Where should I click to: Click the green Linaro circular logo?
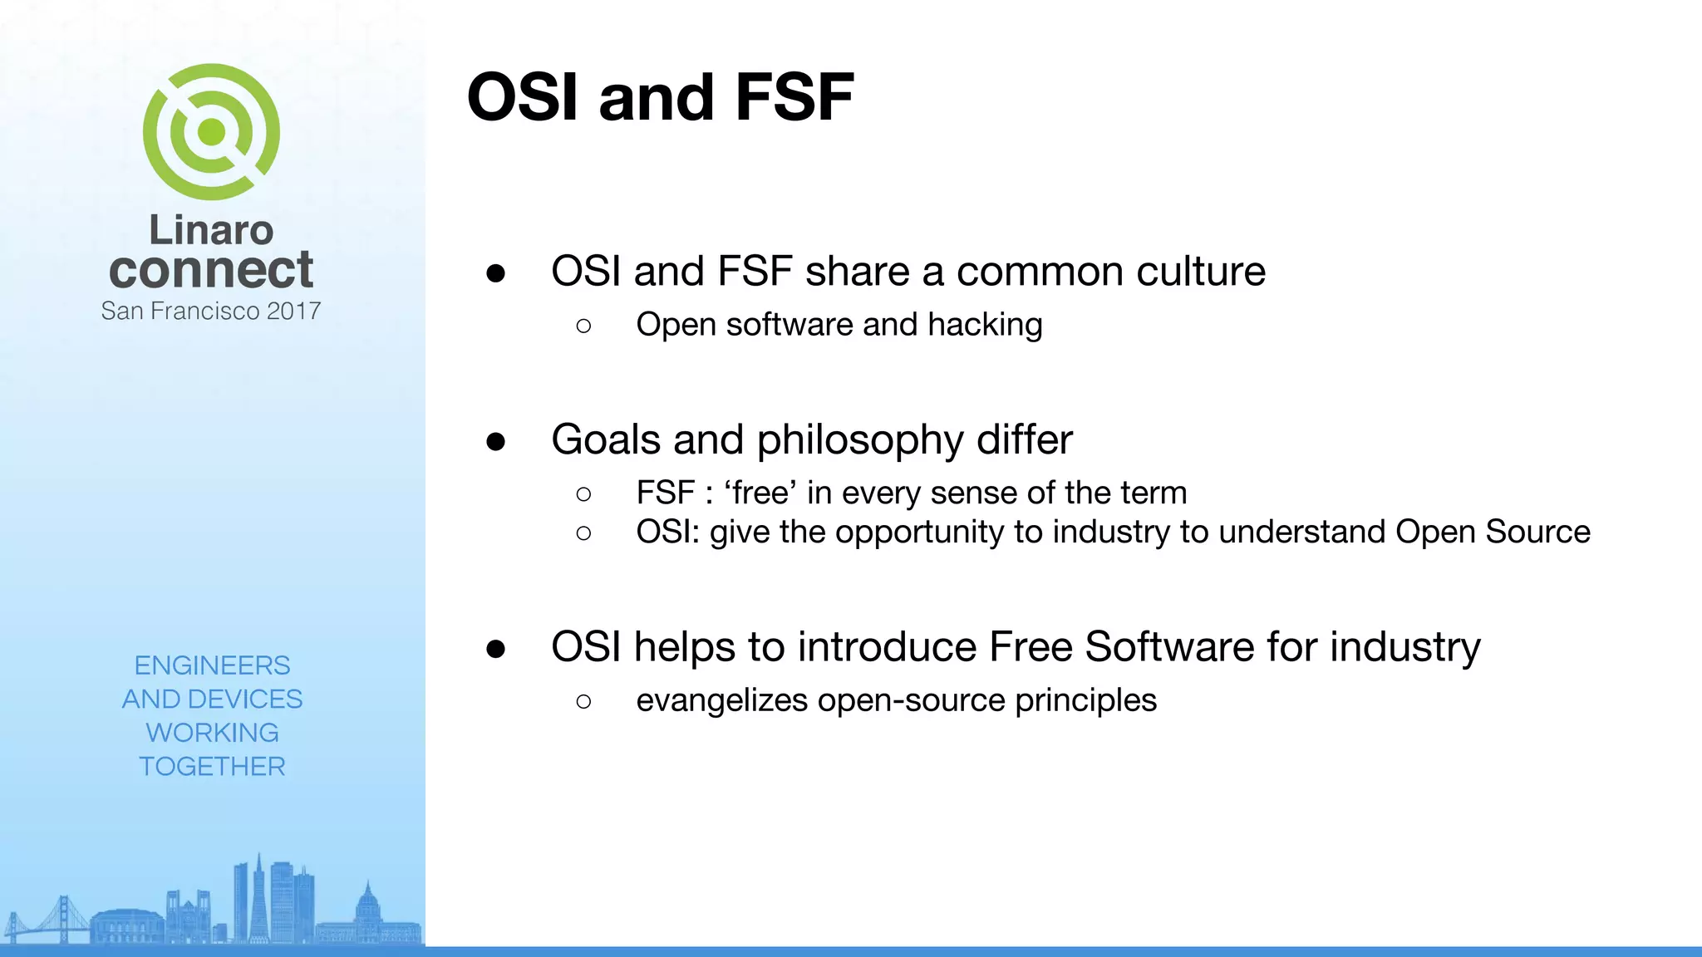211,132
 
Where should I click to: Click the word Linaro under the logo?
211,230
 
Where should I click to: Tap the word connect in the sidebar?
211,270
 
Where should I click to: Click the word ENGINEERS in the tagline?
212,665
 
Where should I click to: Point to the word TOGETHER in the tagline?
212,766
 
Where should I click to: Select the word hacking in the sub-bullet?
985,325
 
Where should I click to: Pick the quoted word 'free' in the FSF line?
760,493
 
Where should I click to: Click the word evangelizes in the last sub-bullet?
721,700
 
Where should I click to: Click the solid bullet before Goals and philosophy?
496,441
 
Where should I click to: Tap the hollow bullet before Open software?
583,326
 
